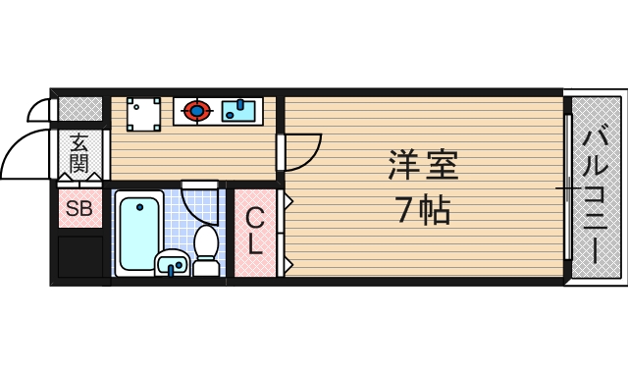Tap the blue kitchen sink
238,109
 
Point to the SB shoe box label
78,208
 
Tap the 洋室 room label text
423,166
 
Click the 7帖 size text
423,209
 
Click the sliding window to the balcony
568,186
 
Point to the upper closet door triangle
288,201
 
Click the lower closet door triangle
288,263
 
